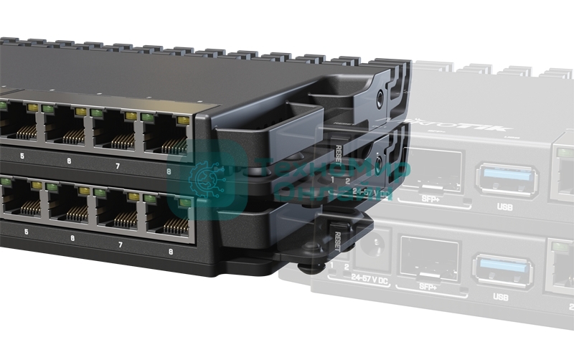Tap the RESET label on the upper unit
point(338,153)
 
